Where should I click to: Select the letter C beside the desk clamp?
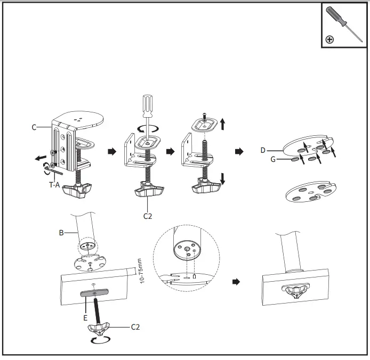pos(34,127)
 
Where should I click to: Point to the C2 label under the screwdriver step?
pos(148,216)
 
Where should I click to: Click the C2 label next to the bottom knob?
pos(136,326)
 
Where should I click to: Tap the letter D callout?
pos(263,150)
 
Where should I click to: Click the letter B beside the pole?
pos(61,233)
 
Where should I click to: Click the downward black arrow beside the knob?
pos(223,177)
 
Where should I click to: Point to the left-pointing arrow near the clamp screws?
pos(39,158)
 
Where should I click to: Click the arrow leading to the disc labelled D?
pos(239,152)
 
